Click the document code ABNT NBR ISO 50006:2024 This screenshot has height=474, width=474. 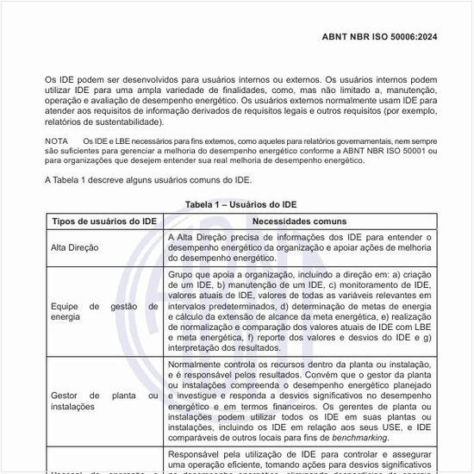pyautogui.click(x=379, y=37)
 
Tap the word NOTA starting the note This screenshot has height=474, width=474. pyautogui.click(x=57, y=140)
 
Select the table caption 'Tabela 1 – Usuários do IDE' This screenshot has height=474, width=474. pyautogui.click(x=240, y=204)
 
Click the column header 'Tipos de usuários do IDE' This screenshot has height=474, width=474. pyautogui.click(x=103, y=221)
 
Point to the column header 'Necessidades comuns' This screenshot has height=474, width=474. pyautogui.click(x=300, y=221)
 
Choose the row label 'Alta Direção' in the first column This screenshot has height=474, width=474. pyautogui.click(x=75, y=247)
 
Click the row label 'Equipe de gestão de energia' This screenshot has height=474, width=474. pyautogui.click(x=103, y=311)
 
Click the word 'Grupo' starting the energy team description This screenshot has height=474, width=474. pyautogui.click(x=182, y=273)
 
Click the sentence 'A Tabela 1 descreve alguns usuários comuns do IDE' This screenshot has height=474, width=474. pyautogui.click(x=148, y=180)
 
